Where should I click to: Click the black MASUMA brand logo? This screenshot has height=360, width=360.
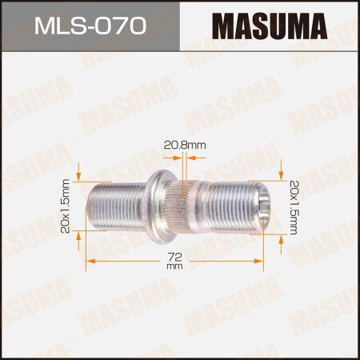coord(271,27)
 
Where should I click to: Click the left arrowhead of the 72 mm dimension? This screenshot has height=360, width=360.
coord(90,259)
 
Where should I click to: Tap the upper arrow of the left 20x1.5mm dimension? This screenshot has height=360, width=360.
coord(80,175)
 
